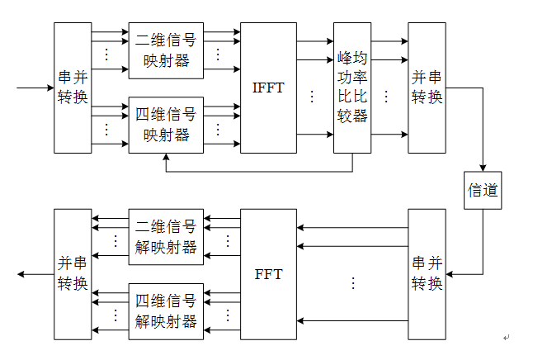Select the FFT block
(x=268, y=273)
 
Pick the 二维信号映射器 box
(x=166, y=50)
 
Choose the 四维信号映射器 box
(x=166, y=125)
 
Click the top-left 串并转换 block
(x=73, y=88)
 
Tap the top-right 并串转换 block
(x=427, y=88)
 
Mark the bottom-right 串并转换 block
(x=427, y=273)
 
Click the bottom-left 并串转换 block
(x=73, y=273)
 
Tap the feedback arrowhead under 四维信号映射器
(x=166, y=158)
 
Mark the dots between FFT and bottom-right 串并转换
(x=353, y=283)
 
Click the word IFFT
(x=268, y=88)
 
